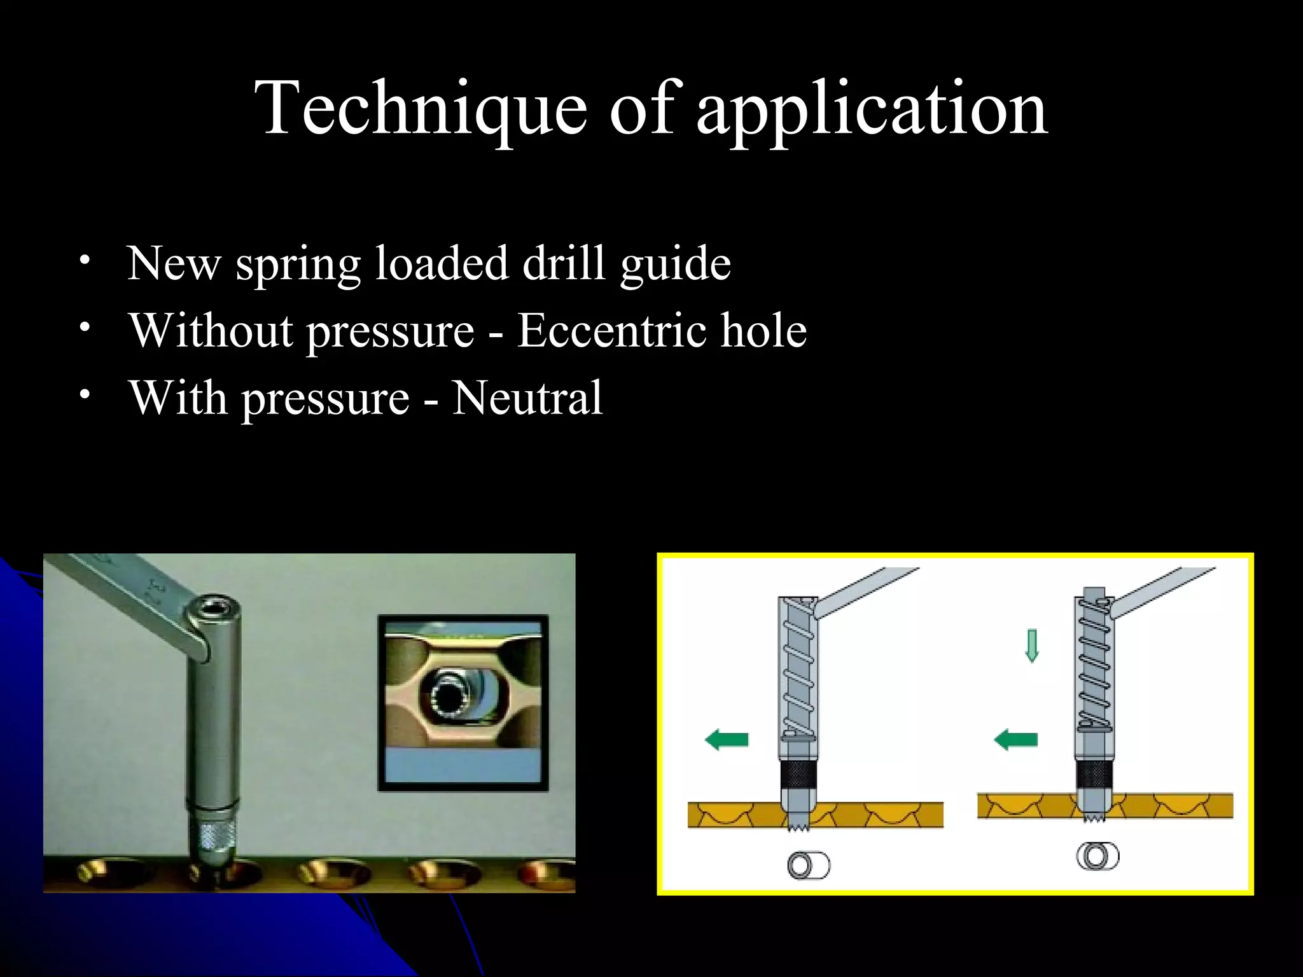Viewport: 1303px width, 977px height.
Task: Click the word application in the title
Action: (x=872, y=109)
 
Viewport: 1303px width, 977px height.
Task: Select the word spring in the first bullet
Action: (x=298, y=264)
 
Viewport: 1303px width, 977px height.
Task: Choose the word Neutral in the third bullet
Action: (x=527, y=398)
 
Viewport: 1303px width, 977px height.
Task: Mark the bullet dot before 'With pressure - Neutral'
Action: (x=85, y=394)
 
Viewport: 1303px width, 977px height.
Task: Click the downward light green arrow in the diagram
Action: (x=1032, y=645)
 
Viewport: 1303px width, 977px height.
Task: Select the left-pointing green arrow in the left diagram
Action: (x=727, y=740)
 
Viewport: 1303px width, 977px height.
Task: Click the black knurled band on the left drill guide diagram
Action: (x=799, y=774)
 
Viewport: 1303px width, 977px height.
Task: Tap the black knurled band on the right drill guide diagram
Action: (x=1094, y=774)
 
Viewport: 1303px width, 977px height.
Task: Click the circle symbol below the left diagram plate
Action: (x=808, y=866)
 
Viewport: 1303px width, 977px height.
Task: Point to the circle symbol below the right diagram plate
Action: (x=1097, y=856)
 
